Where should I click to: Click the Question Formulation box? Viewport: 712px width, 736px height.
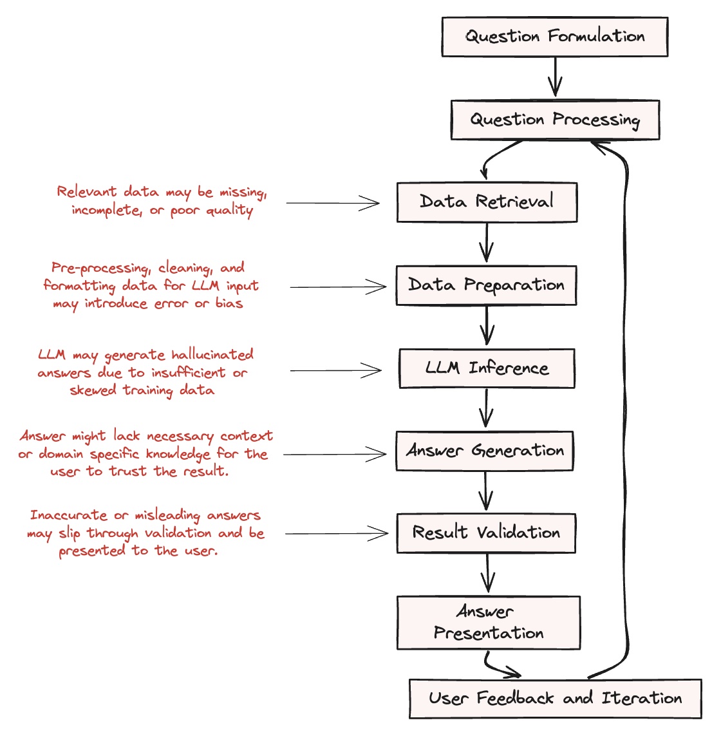point(555,37)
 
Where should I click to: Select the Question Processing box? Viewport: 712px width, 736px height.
point(555,120)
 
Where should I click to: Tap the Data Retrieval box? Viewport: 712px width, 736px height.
point(487,202)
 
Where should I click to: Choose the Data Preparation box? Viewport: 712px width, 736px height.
point(486,285)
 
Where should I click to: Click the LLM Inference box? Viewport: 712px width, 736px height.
point(487,368)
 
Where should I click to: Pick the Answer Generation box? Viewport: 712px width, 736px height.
point(485,451)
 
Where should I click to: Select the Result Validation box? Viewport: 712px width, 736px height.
point(486,533)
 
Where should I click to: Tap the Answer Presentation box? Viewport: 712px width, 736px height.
point(489,623)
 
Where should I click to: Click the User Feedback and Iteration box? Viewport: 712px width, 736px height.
point(555,699)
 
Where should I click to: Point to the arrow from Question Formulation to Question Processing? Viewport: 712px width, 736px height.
point(555,77)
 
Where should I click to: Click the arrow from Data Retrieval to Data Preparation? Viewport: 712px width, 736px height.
point(487,242)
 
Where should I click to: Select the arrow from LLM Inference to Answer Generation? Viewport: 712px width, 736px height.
point(486,408)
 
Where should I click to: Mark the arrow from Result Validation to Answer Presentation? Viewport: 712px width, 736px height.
point(488,573)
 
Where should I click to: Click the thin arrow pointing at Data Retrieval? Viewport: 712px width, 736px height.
point(333,203)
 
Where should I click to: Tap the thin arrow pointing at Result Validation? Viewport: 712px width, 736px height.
point(337,534)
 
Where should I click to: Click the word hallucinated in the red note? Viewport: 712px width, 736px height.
point(212,354)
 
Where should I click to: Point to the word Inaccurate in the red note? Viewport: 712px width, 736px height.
point(69,515)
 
